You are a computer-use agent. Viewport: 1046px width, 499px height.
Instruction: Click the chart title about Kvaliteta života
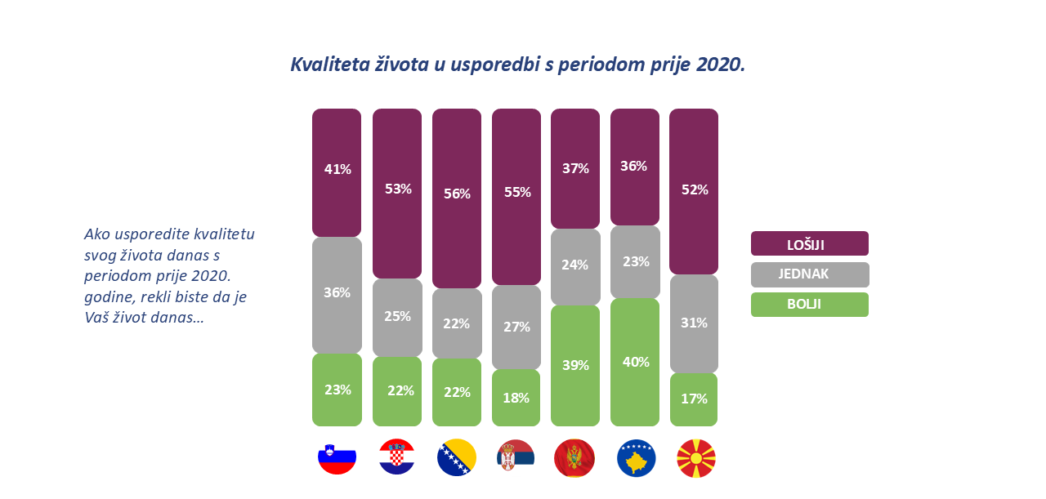point(517,65)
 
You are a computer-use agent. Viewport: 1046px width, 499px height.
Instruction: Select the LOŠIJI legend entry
point(809,243)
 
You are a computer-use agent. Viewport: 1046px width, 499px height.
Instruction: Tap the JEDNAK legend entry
point(809,274)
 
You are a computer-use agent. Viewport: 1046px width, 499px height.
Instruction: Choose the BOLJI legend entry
point(809,305)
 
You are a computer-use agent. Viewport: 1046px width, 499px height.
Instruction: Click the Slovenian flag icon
point(337,457)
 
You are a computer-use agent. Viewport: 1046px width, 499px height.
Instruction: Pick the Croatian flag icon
point(397,457)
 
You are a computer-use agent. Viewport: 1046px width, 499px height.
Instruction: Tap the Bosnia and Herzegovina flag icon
point(457,457)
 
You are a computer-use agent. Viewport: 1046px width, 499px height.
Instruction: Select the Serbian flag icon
point(516,457)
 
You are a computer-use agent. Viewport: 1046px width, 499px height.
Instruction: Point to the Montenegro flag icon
point(574,457)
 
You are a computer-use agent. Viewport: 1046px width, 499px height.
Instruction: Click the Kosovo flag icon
point(635,457)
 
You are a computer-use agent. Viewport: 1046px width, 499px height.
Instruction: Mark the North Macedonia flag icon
point(696,457)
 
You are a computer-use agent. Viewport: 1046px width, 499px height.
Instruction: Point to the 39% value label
point(575,365)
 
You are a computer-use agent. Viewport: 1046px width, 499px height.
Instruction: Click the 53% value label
point(397,189)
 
